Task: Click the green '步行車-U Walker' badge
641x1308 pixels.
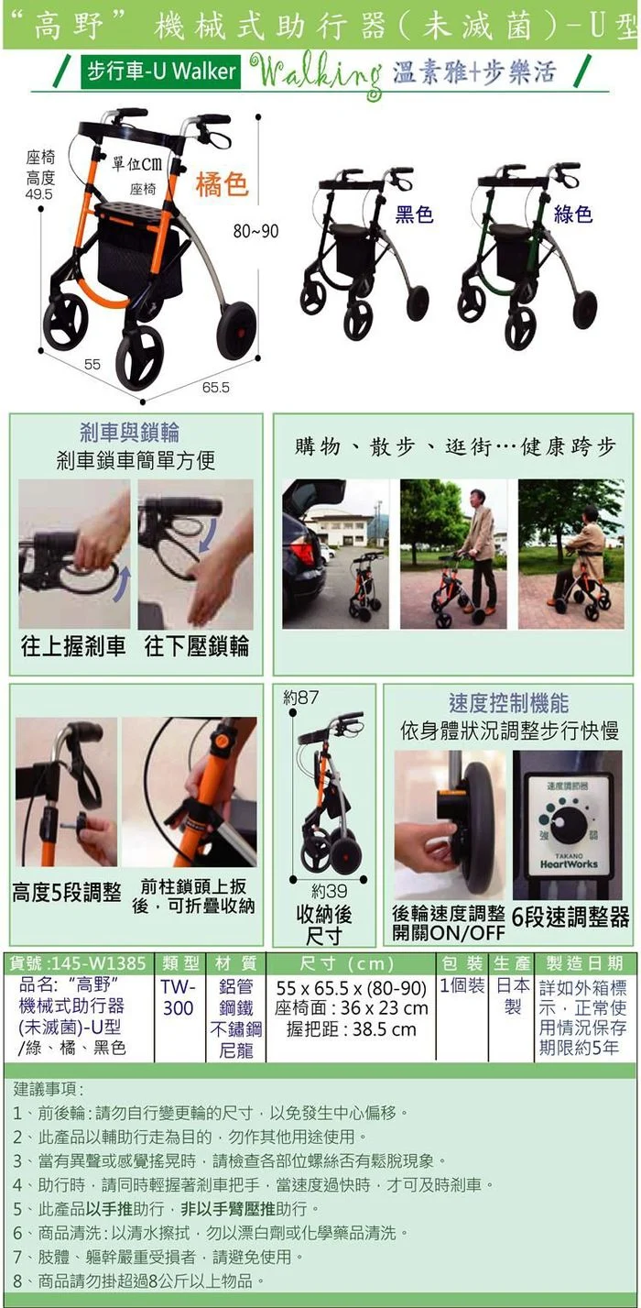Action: tap(160, 72)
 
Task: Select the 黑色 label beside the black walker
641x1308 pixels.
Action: tap(414, 214)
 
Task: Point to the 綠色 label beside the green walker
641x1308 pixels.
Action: tap(572, 214)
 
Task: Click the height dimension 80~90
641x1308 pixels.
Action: tap(256, 231)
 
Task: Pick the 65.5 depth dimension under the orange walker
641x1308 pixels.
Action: tap(216, 387)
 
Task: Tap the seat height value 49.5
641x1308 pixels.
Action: tap(39, 194)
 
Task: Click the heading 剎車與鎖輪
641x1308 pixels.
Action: tap(129, 432)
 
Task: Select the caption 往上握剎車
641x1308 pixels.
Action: tap(73, 646)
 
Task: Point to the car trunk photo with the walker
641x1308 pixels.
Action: tap(335, 555)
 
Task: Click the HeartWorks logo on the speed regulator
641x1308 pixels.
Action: tap(569, 863)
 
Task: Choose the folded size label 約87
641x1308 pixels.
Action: tap(301, 697)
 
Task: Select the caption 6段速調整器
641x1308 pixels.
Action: tap(570, 918)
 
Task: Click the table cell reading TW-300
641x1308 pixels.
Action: tap(178, 997)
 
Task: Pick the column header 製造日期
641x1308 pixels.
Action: tap(584, 963)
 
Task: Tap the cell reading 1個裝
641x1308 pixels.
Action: tap(462, 986)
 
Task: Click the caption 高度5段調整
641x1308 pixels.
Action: tap(67, 893)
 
